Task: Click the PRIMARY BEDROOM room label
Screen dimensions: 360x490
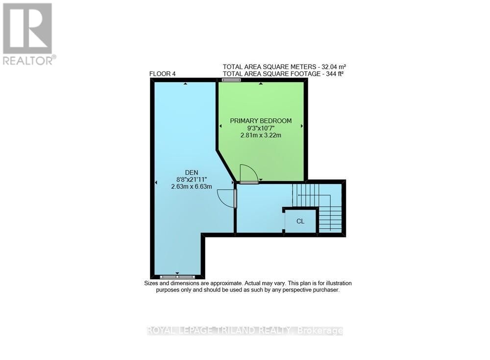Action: tap(261, 121)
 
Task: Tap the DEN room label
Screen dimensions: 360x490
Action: tap(191, 172)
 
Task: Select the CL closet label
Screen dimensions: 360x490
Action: tap(300, 221)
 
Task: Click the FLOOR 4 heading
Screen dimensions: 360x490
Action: tap(162, 74)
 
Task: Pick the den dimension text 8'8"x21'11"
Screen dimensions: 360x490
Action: tap(191, 179)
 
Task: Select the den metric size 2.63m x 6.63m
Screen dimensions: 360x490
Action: tap(191, 187)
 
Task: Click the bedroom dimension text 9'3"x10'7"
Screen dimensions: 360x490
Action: tap(261, 128)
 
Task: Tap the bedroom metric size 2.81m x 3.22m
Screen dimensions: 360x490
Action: tap(261, 136)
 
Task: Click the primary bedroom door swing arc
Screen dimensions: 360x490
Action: tap(248, 173)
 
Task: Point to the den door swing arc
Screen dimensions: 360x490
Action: tap(225, 198)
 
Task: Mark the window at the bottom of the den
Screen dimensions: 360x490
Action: tap(177, 277)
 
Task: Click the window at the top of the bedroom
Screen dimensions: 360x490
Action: tap(231, 79)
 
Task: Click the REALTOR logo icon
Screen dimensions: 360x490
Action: tap(27, 28)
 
